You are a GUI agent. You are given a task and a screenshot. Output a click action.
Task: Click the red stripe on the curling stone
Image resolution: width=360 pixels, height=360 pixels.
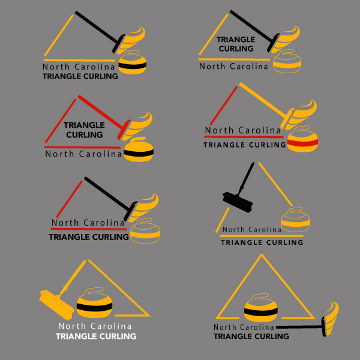pos(302,143)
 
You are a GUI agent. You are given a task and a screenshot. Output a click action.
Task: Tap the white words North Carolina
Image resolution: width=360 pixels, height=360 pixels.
pos(95,326)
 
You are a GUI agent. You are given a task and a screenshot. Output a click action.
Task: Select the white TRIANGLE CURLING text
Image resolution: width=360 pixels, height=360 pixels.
pos(96,337)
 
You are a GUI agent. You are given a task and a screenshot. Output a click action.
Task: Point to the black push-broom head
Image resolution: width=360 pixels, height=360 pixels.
pos(238,202)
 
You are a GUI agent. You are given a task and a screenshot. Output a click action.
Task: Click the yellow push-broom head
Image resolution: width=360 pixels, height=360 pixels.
pos(56,305)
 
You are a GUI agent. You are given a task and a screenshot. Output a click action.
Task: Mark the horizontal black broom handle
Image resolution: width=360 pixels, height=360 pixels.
pos(299,327)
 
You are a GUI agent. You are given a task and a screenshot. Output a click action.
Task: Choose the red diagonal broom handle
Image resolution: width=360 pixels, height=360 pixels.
pos(101,112)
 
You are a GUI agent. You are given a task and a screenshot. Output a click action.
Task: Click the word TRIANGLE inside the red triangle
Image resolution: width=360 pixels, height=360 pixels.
pos(84,125)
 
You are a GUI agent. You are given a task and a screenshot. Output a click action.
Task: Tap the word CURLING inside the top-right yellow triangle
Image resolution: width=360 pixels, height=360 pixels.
pos(236,49)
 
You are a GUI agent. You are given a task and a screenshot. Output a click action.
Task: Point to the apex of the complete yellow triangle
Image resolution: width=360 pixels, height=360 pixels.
pos(261,254)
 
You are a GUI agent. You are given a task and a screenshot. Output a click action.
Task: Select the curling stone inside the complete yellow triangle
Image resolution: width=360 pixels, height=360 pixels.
pos(261,308)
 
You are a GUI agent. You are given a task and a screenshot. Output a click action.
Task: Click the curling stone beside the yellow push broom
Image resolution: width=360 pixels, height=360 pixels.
pos(94,303)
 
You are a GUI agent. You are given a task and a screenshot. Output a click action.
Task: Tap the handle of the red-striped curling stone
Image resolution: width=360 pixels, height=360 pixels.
pos(302,128)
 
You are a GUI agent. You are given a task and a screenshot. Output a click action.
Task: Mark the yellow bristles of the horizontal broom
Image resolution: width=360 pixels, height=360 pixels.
pos(332,318)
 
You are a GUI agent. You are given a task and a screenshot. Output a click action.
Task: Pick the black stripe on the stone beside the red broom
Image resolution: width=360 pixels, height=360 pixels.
pos(139,152)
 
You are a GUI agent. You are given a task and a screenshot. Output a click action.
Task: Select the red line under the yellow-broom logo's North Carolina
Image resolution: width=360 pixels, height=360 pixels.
pos(244,137)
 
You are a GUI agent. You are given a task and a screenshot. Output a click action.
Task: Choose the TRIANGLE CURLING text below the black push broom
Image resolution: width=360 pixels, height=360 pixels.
pos(262,242)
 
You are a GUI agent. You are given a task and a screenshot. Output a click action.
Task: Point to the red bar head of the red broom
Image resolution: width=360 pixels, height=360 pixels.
pos(124,130)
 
